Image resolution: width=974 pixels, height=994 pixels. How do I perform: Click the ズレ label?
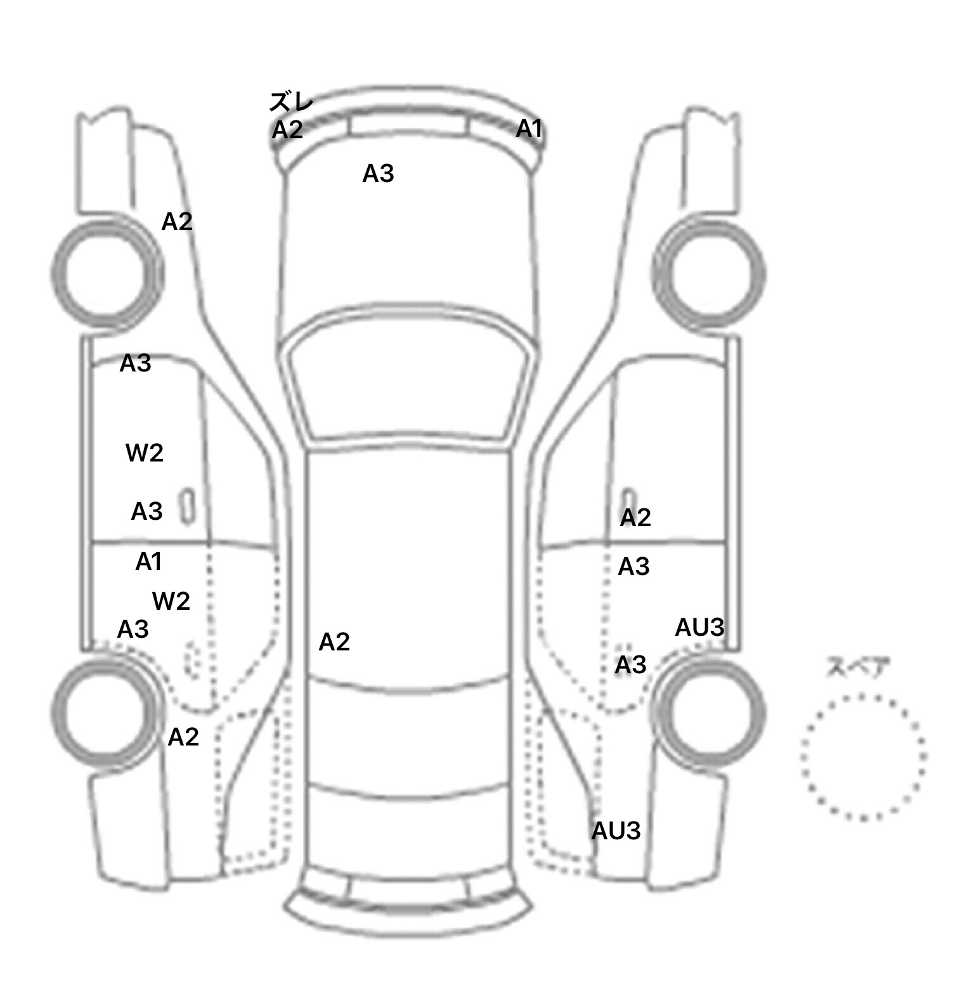[291, 101]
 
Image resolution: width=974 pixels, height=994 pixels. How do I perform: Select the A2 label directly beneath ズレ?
[287, 130]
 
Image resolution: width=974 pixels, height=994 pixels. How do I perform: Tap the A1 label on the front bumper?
[529, 129]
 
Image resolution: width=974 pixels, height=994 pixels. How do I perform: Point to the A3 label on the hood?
[378, 173]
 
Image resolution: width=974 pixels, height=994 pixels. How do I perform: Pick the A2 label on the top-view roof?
[334, 642]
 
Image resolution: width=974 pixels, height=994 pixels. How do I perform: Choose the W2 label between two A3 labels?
[145, 453]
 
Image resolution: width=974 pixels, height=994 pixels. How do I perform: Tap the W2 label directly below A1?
[171, 601]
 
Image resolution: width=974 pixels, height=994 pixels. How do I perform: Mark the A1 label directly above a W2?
[149, 562]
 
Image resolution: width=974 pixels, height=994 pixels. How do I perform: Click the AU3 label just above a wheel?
[699, 627]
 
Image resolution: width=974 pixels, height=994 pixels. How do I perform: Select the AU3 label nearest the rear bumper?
[616, 830]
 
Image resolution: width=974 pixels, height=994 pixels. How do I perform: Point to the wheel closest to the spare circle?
[710, 711]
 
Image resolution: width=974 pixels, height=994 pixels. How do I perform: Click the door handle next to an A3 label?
[188, 506]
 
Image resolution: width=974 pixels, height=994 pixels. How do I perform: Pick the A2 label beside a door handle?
[635, 518]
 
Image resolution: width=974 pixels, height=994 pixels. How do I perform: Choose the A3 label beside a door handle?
[146, 511]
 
